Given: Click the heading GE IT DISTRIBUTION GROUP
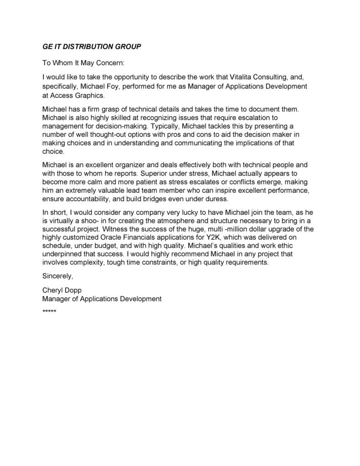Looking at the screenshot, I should coord(92,47).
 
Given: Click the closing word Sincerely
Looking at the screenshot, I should coord(57,276).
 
